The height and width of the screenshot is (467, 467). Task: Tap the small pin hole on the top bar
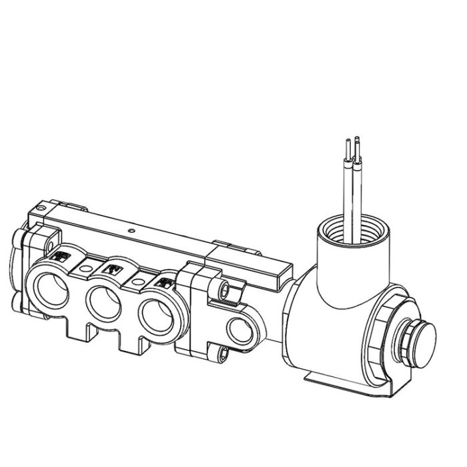(x=133, y=233)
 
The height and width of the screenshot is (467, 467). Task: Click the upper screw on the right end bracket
(x=224, y=289)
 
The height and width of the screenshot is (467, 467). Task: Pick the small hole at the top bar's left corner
(x=41, y=211)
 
